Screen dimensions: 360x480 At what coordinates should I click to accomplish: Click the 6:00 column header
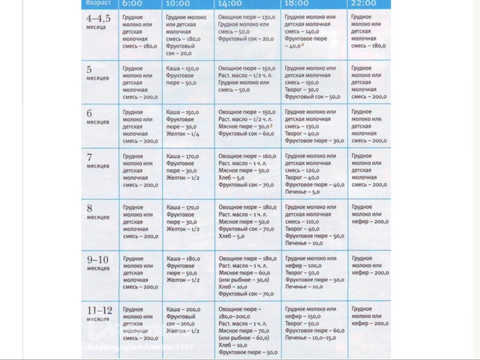tap(132, 3)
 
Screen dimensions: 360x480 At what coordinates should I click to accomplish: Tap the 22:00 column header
tap(363, 3)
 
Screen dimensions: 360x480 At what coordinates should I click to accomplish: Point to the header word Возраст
tap(98, 3)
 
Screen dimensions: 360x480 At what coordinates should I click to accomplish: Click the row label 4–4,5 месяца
tap(98, 22)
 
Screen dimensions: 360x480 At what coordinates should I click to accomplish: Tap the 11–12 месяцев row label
tap(100, 313)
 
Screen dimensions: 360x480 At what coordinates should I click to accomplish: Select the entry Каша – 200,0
tap(183, 310)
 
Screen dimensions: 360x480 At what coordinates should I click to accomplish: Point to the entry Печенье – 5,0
tap(302, 192)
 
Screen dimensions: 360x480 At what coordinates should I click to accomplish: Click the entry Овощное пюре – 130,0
tap(247, 17)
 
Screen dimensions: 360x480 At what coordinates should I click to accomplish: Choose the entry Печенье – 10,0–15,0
tap(310, 338)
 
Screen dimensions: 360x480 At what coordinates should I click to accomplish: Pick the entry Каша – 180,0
tap(183, 258)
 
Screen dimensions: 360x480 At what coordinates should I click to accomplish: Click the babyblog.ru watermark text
tap(140, 348)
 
